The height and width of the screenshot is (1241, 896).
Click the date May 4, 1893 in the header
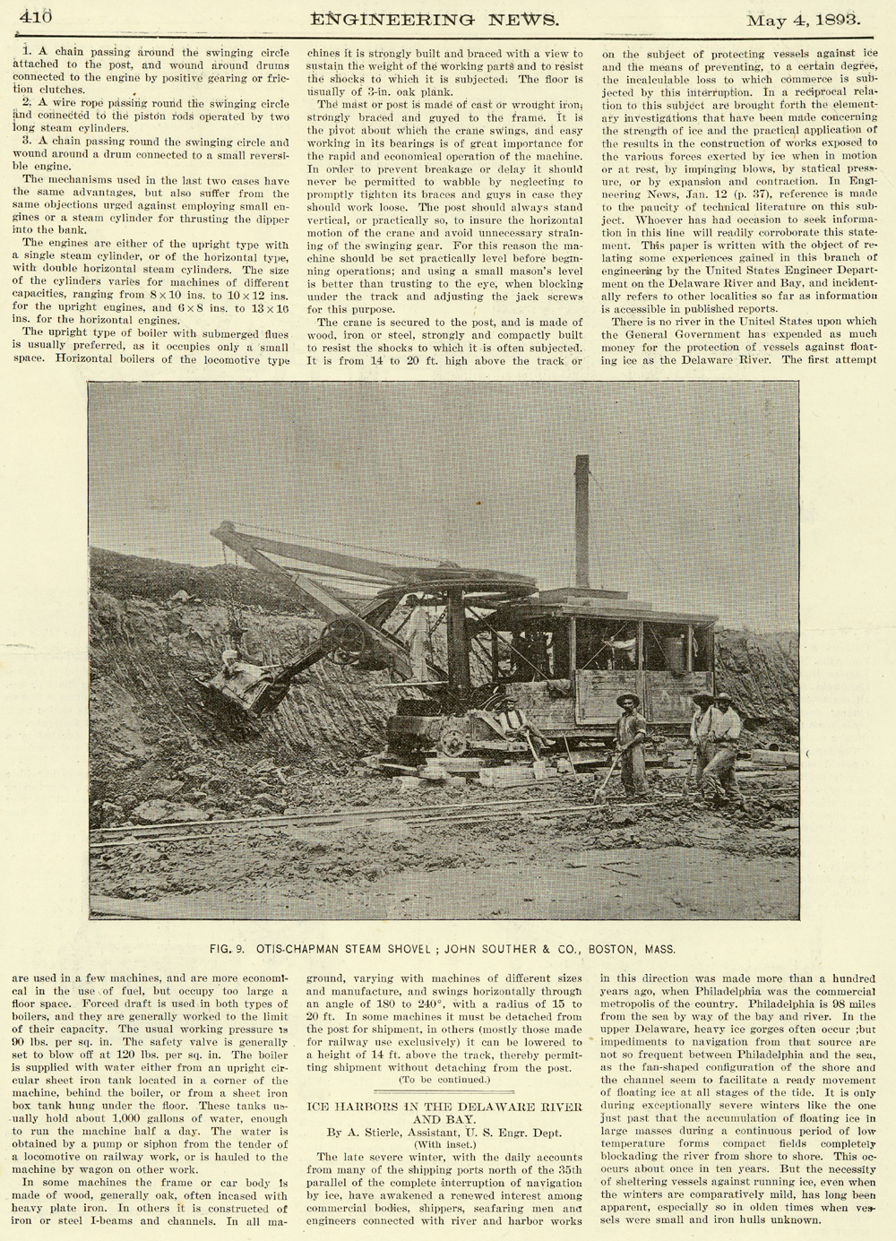pos(804,18)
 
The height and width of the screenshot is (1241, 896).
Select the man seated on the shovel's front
pos(513,720)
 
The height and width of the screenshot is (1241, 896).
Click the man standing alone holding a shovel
pos(631,742)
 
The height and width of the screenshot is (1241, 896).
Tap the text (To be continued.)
pos(444,1079)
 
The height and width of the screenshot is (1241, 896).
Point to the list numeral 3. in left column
pos(27,142)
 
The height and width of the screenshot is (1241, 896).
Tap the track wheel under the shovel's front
pos(453,743)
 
